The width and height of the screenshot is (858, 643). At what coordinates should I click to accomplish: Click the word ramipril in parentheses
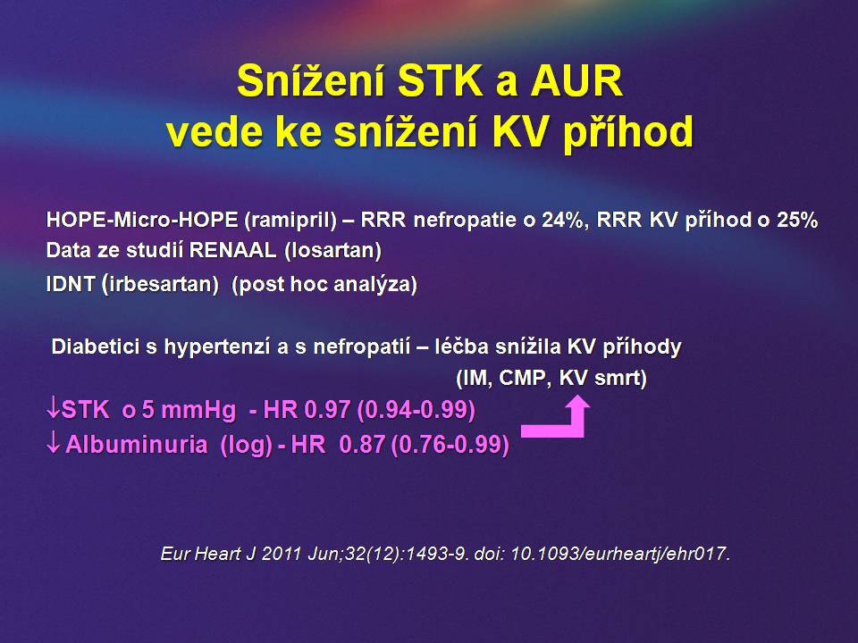pos(290,220)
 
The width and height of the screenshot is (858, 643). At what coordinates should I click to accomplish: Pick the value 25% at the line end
pos(797,220)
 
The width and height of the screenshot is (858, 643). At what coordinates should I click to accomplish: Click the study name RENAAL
pos(232,250)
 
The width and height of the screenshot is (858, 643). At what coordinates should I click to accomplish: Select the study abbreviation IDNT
pos(71,284)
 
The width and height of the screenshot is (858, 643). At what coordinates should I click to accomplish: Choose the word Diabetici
pos(96,347)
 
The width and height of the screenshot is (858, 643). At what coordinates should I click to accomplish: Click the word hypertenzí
pos(220,347)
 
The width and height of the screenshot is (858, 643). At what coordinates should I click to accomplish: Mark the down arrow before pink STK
pos(53,409)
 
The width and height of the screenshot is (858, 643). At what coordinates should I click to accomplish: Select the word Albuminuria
pos(136,445)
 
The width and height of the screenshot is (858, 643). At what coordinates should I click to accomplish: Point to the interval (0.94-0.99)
pos(416,410)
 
